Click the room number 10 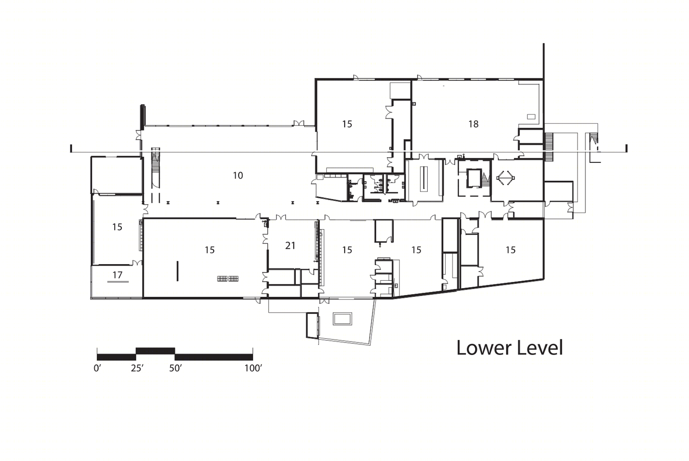[x=238, y=176]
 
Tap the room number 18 [x=473, y=124]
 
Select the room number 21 [x=290, y=246]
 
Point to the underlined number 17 [x=118, y=274]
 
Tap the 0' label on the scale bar [x=98, y=368]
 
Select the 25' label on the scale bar [x=137, y=368]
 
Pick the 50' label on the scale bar [x=175, y=368]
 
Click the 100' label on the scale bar [x=253, y=368]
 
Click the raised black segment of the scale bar [x=155, y=351]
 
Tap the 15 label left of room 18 [x=347, y=124]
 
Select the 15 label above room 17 [x=117, y=227]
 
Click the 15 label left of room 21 [x=210, y=250]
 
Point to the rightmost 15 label [x=511, y=250]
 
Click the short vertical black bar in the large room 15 [x=177, y=271]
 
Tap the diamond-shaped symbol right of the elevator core [x=506, y=178]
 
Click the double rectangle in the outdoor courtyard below [x=342, y=319]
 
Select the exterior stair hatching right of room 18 [x=548, y=147]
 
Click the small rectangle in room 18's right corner [x=531, y=117]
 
